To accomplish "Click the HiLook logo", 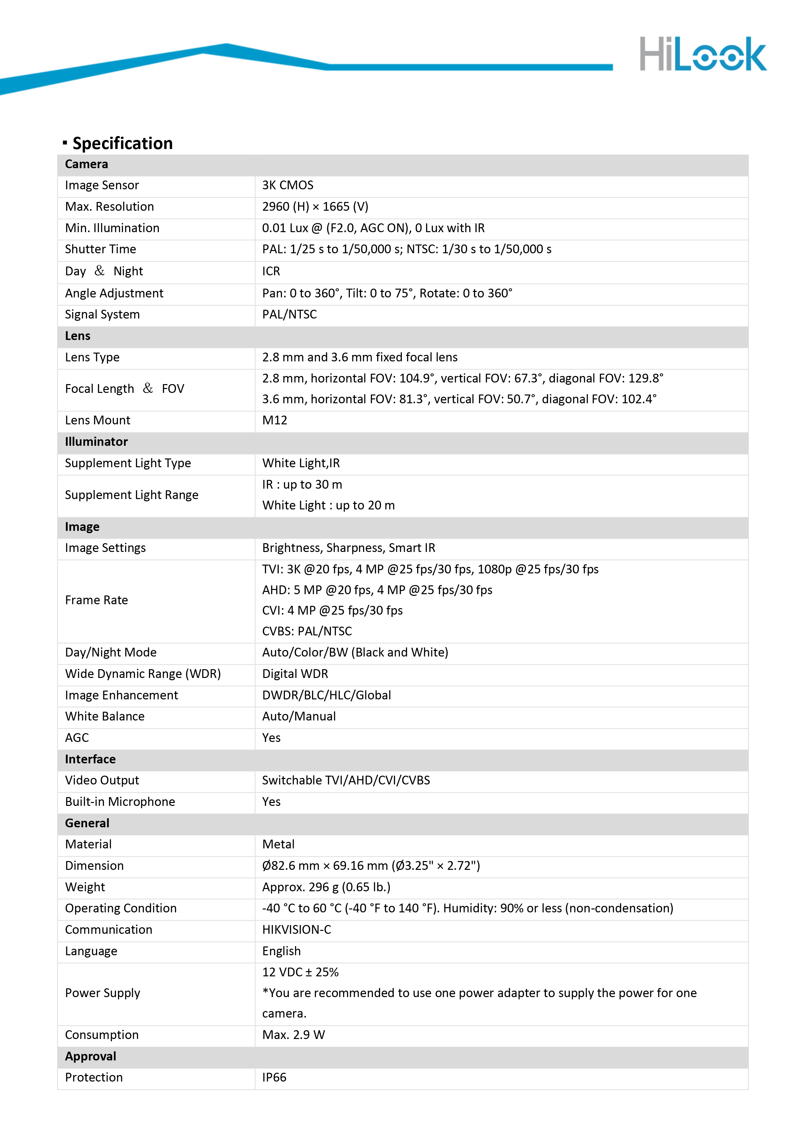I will click(x=702, y=54).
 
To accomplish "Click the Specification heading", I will click(x=122, y=144).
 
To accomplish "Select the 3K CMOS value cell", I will click(x=288, y=185).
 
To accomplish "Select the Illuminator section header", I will click(x=96, y=442).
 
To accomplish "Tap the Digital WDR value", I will click(x=295, y=674).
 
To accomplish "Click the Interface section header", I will click(x=90, y=759).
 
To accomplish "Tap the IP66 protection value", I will click(x=274, y=1078).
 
